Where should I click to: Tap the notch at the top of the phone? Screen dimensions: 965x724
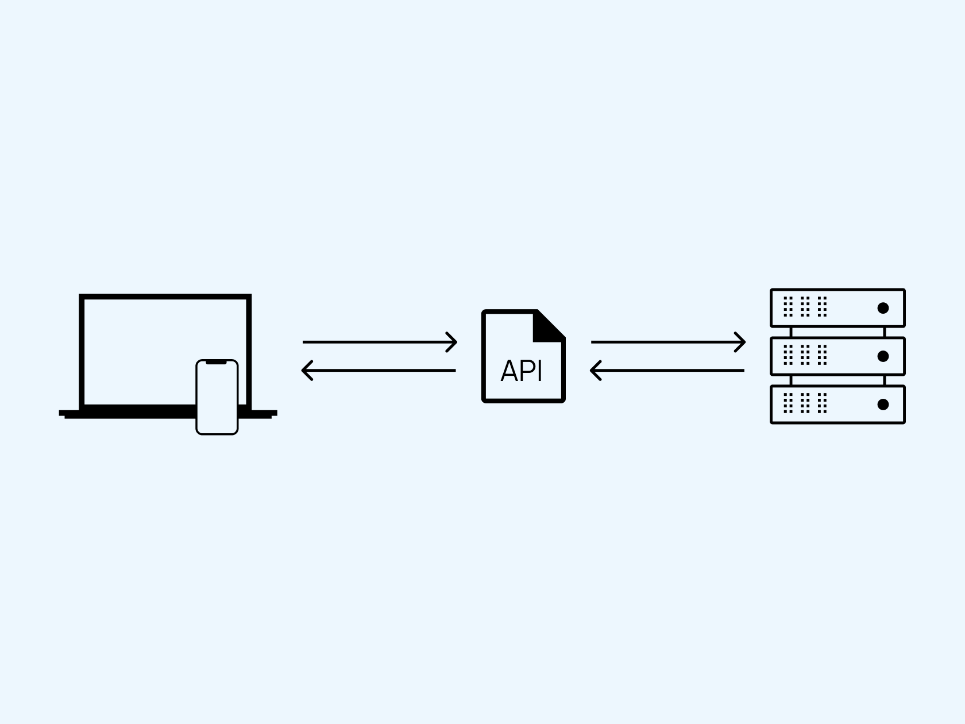pyautogui.click(x=217, y=362)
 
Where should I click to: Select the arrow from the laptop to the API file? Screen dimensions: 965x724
pyautogui.click(x=380, y=342)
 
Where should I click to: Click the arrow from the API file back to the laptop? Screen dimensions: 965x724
pyautogui.click(x=379, y=371)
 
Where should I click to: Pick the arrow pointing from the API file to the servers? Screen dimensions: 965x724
pyautogui.click(x=668, y=342)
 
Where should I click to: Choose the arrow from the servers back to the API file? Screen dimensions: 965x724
pyautogui.click(x=667, y=371)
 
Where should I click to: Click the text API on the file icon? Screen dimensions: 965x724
pyautogui.click(x=522, y=371)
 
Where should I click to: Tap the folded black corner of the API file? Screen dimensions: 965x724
pyautogui.click(x=546, y=328)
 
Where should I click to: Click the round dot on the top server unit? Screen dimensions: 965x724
pyautogui.click(x=883, y=308)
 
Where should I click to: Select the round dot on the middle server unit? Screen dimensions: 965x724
pyautogui.click(x=883, y=356)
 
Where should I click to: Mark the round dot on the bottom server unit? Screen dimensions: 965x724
pyautogui.click(x=883, y=405)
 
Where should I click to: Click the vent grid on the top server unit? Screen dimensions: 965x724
pyautogui.click(x=805, y=306)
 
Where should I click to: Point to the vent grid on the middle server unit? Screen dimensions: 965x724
pyautogui.click(x=805, y=355)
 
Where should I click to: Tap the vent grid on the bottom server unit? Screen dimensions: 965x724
pyautogui.click(x=805, y=403)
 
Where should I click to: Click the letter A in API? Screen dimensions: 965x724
pyautogui.click(x=509, y=371)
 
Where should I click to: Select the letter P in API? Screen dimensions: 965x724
pyautogui.click(x=527, y=371)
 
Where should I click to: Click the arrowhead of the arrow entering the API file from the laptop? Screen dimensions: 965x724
pyautogui.click(x=452, y=342)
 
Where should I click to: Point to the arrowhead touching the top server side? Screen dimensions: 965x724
pyautogui.click(x=740, y=342)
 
